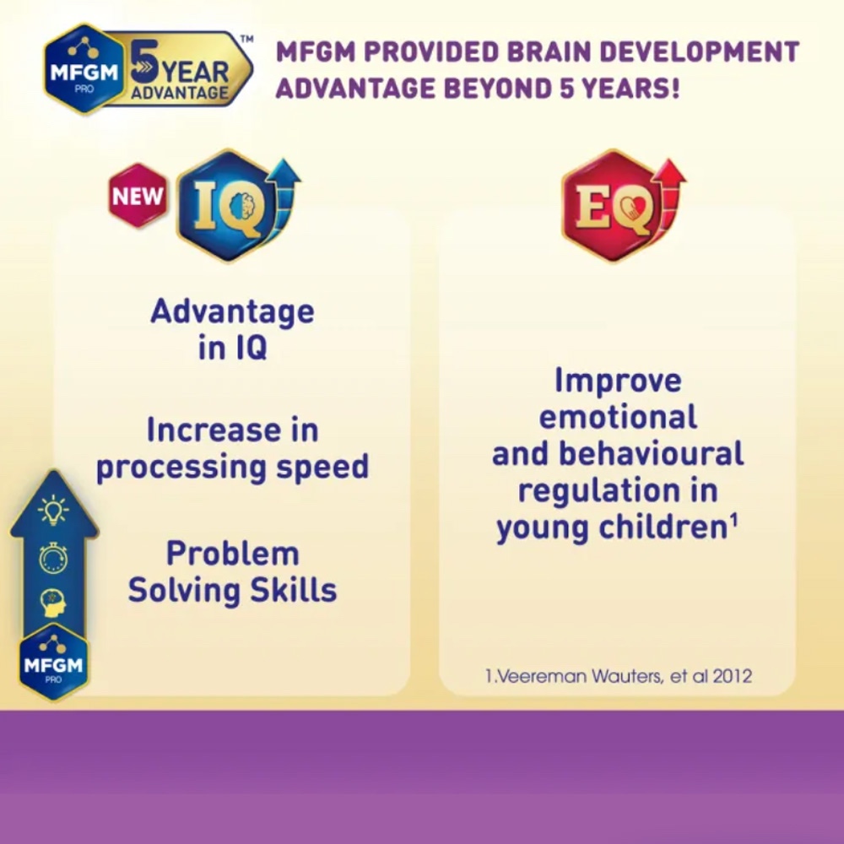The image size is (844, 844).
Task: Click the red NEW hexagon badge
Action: click(x=138, y=196)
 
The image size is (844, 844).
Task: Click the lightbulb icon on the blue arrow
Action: click(x=52, y=510)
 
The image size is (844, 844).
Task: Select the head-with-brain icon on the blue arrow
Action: click(x=53, y=603)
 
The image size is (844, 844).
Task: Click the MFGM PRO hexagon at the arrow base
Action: click(x=53, y=662)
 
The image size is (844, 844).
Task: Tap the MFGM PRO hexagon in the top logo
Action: click(x=84, y=69)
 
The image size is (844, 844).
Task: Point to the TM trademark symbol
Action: click(x=246, y=39)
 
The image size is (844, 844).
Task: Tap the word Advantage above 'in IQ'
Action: click(x=233, y=311)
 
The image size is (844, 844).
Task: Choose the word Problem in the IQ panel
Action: click(x=233, y=554)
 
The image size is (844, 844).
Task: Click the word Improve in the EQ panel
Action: click(x=618, y=381)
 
